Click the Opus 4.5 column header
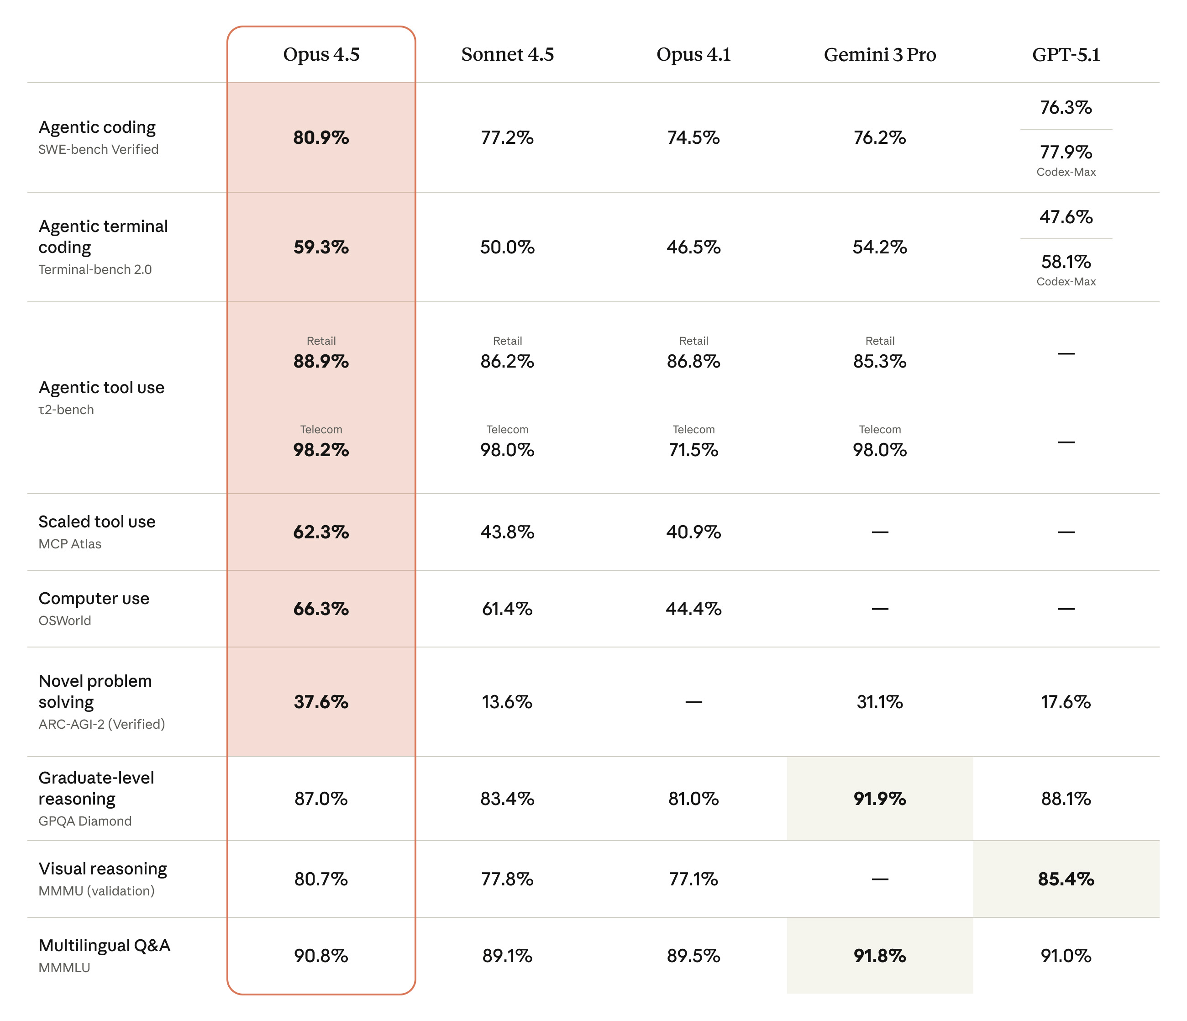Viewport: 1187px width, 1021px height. [x=321, y=54]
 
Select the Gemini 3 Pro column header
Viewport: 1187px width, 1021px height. [x=879, y=54]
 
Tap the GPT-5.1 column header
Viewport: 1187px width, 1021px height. [x=1066, y=54]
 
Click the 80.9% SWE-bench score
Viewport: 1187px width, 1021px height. [x=321, y=137]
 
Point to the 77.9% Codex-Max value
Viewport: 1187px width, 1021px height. [x=1066, y=153]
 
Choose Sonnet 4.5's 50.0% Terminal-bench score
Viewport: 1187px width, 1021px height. [x=507, y=247]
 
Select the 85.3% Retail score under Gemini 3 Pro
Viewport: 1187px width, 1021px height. [x=879, y=361]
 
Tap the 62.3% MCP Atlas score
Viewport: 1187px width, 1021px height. [x=321, y=532]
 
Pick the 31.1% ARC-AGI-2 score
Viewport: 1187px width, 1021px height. [x=879, y=702]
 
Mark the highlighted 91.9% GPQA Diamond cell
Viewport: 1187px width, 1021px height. [x=879, y=799]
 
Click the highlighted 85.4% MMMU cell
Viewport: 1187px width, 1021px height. [x=1066, y=879]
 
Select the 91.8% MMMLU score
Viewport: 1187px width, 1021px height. [x=879, y=956]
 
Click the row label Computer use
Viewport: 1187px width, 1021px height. [x=94, y=598]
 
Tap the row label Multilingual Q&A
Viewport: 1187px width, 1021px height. [x=104, y=945]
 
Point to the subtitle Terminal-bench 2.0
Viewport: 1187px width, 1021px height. [x=95, y=269]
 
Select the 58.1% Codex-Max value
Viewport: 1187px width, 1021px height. [x=1066, y=262]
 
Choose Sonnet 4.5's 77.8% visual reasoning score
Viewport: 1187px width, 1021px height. [x=507, y=879]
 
